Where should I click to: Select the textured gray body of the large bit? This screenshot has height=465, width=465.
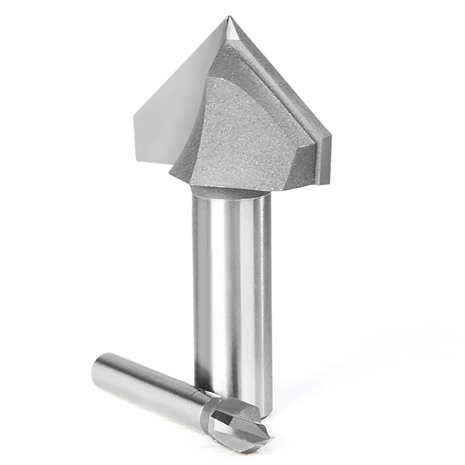pyautogui.click(x=248, y=132)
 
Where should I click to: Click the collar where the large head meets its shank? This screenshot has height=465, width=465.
pyautogui.click(x=231, y=188)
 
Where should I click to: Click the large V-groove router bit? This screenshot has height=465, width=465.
pyautogui.click(x=232, y=155)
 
